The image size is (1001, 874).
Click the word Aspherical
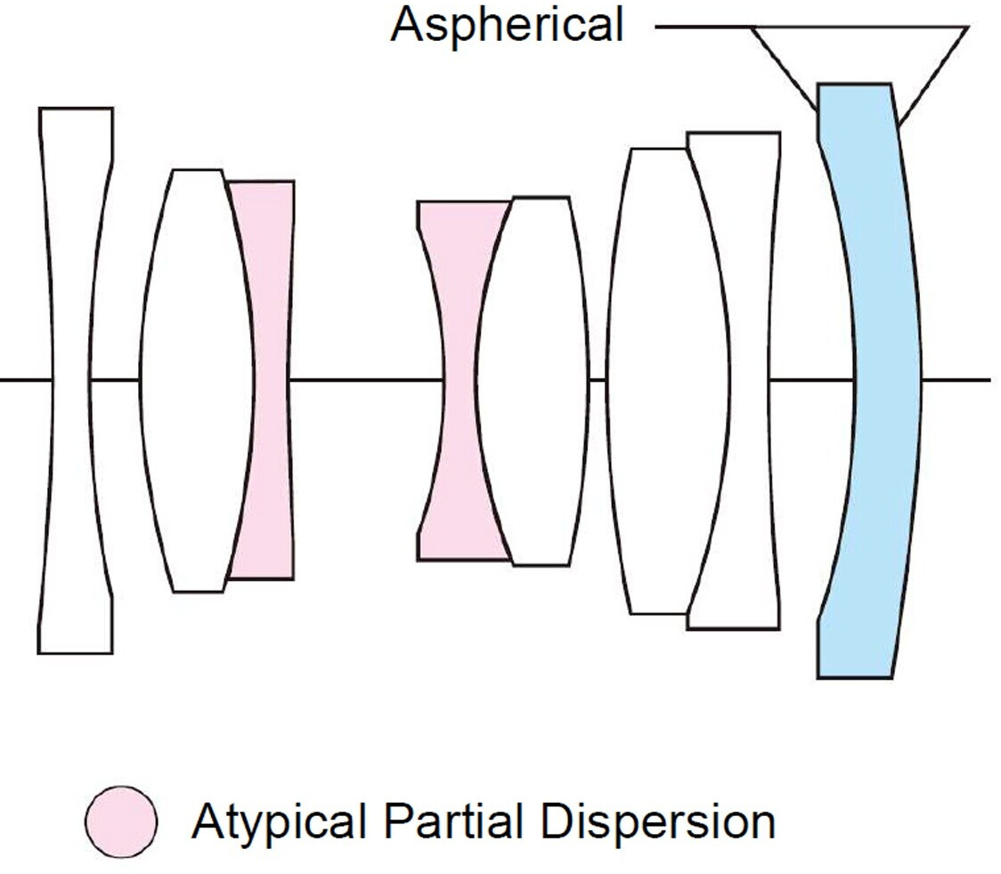click(507, 24)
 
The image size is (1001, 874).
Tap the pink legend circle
click(122, 821)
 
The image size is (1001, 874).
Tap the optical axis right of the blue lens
click(957, 380)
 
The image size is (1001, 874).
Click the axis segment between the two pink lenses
click(365, 380)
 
